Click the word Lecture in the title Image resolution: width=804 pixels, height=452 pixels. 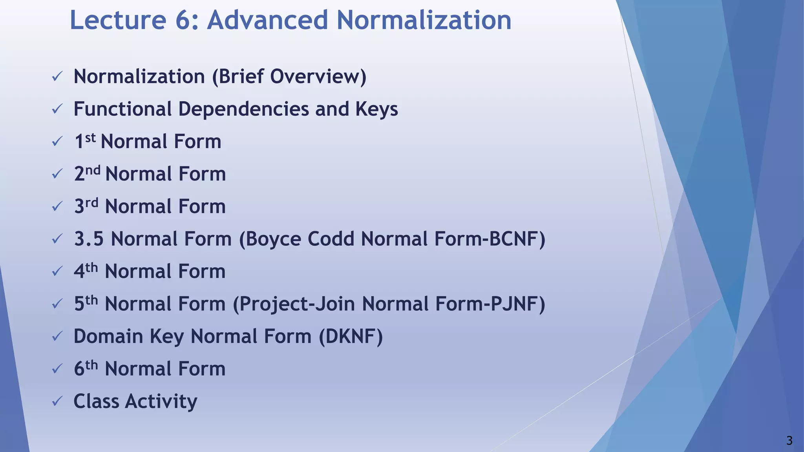[118, 20]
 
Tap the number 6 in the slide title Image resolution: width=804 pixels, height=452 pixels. [183, 20]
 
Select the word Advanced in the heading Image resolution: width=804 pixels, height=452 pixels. [267, 20]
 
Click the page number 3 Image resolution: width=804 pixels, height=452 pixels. [789, 441]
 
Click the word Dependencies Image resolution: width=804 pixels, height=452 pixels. [243, 109]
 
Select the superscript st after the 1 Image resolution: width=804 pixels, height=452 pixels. [90, 138]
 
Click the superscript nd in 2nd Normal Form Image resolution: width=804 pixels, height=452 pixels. [93, 170]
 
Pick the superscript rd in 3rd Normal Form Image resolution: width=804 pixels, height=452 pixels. [91, 203]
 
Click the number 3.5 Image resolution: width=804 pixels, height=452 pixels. [89, 239]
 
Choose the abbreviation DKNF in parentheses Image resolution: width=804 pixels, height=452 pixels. [351, 337]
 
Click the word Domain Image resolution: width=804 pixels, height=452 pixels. [108, 337]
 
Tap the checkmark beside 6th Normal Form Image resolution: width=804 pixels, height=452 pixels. [57, 369]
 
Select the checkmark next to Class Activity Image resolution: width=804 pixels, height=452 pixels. [57, 401]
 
